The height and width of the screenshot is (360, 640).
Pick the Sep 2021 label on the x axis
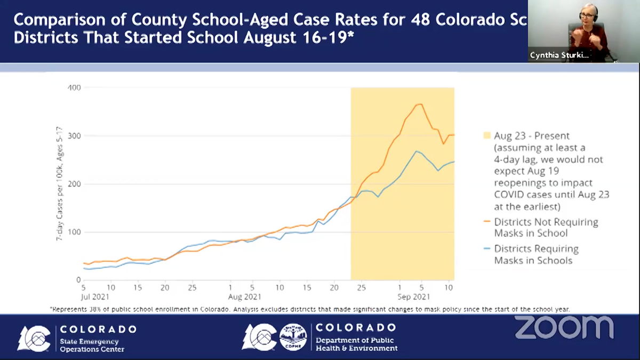[x=414, y=295]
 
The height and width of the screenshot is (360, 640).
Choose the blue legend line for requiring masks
[x=486, y=249]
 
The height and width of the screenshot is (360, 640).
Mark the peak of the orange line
[x=420, y=104]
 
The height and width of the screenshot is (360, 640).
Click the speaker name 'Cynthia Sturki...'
[x=559, y=55]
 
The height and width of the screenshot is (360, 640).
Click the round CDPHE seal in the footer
[x=293, y=337]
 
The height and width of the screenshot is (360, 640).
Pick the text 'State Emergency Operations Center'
[x=92, y=345]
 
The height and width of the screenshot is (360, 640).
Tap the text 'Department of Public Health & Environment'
[x=356, y=344]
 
